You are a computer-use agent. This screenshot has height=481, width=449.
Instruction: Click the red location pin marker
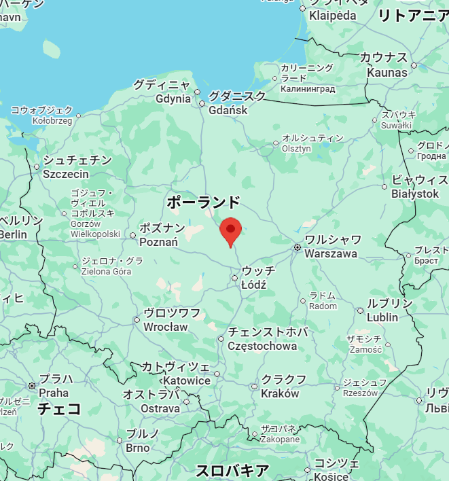tap(231, 231)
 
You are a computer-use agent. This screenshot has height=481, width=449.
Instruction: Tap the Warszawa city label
tap(331, 253)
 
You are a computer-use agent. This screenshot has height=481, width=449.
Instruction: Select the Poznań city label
tap(158, 242)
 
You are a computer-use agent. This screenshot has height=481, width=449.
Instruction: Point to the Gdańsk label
tap(228, 110)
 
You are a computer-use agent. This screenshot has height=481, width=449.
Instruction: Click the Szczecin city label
tap(66, 174)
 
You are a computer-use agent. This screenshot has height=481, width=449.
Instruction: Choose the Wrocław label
tap(166, 327)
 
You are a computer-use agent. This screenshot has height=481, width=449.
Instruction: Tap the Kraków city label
tap(280, 393)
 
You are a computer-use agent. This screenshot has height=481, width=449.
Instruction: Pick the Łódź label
tap(254, 284)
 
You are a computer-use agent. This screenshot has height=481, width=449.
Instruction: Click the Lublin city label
tap(382, 317)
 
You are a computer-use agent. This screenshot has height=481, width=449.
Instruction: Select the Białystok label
tap(415, 194)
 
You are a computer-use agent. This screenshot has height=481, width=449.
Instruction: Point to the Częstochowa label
tap(262, 346)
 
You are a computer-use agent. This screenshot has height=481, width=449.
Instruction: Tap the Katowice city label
tap(187, 380)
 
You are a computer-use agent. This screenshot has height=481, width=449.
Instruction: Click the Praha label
tap(54, 393)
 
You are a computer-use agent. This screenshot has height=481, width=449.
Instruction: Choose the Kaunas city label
tap(387, 72)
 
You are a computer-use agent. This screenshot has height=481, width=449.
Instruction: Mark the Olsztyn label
tap(296, 149)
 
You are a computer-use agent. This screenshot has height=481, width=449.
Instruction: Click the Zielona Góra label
tap(106, 272)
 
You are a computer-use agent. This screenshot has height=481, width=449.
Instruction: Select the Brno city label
tap(138, 448)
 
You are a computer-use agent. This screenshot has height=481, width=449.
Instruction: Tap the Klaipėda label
tap(333, 15)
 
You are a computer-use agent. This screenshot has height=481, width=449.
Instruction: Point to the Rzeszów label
tap(360, 393)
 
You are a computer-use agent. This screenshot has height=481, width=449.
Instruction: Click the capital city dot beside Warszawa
tap(297, 247)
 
